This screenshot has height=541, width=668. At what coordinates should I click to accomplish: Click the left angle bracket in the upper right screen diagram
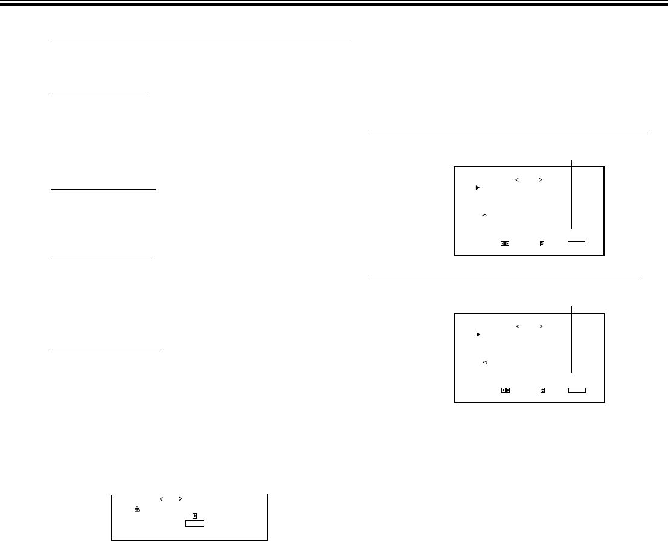coord(518,179)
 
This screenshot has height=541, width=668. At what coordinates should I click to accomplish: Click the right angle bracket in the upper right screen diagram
coord(541,179)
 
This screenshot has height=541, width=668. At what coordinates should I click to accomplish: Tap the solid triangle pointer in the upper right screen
coord(477,188)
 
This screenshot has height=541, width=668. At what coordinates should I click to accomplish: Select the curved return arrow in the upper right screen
coord(485,216)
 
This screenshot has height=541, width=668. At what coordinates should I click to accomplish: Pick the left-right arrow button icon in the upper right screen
coord(505,243)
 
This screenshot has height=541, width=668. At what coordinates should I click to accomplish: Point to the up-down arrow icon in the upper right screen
coord(542,243)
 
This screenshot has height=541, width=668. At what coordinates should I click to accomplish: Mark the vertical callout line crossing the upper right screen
coord(571,193)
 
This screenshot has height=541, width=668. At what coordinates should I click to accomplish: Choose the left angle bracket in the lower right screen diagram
coord(518,326)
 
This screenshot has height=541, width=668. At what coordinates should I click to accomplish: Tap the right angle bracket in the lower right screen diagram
coord(541,326)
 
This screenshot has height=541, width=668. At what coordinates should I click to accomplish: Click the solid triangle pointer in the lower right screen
coord(477,335)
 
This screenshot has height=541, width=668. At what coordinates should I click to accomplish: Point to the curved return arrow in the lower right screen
coord(485,362)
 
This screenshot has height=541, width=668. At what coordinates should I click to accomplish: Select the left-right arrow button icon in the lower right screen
coord(505,390)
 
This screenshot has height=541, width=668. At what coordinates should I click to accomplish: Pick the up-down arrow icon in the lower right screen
coord(542,390)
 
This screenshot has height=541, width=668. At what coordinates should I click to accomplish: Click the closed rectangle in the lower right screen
coord(577,390)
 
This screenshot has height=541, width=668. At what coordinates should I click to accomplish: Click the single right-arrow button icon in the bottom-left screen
coord(194,516)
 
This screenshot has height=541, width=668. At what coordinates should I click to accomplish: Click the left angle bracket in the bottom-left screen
coord(161,499)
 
